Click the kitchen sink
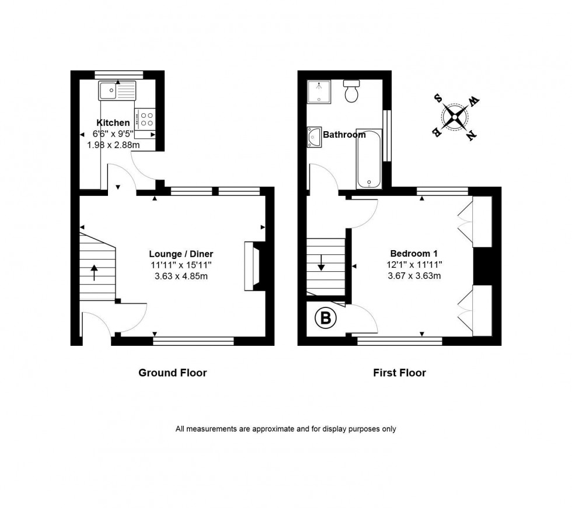(x=117, y=90)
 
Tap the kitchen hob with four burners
(x=145, y=119)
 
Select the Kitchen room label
(x=113, y=122)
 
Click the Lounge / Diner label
(x=181, y=254)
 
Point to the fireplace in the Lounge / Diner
(x=251, y=267)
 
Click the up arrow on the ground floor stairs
(x=94, y=273)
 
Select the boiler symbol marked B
(x=326, y=318)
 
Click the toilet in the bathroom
(x=351, y=92)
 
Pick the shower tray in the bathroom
(x=319, y=92)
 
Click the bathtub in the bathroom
(x=369, y=159)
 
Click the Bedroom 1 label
(x=414, y=254)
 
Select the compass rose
(x=456, y=117)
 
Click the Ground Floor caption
(x=172, y=373)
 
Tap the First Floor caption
(x=399, y=373)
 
